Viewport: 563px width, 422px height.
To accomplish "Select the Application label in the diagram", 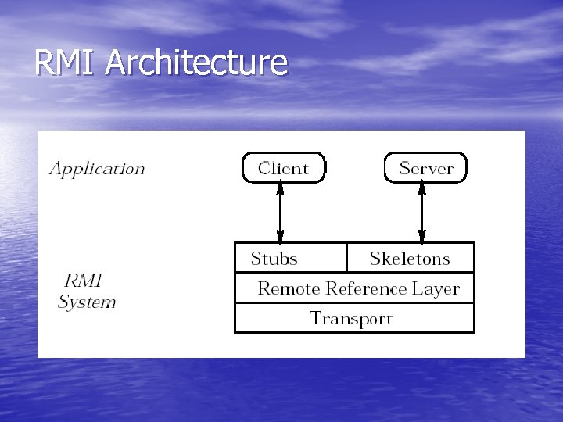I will tap(97, 169).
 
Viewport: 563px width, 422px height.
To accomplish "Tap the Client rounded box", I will tap(283, 168).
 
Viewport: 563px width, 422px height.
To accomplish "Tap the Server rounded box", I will tap(426, 168).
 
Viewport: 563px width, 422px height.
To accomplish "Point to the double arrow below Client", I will tap(280, 213).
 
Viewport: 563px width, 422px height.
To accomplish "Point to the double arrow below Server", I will tap(421, 213).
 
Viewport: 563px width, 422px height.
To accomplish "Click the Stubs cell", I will tap(274, 259).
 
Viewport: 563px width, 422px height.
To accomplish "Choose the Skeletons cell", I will tap(410, 259).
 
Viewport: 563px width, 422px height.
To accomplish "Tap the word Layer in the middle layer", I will tap(436, 288).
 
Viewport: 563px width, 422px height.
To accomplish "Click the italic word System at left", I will tap(87, 302).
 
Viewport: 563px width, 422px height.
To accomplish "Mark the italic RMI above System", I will tap(83, 280).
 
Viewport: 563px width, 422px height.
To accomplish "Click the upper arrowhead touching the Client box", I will tap(280, 188).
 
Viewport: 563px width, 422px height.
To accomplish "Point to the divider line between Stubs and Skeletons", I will tap(346, 257).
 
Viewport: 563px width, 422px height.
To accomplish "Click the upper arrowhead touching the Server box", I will tap(421, 188).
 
